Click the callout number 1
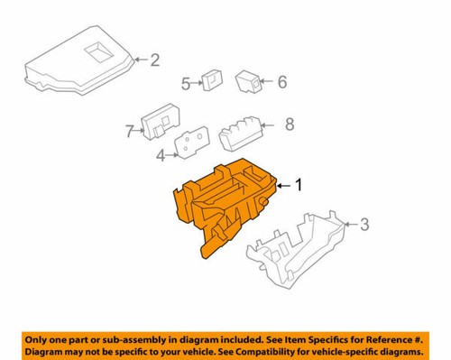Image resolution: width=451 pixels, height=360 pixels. (x=301, y=185)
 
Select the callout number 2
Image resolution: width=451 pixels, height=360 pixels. (x=153, y=60)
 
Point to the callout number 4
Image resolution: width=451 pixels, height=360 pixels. (x=161, y=154)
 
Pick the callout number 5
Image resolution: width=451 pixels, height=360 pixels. (x=186, y=84)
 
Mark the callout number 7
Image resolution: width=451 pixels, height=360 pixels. (x=129, y=132)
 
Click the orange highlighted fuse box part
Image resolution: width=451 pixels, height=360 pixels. (x=225, y=203)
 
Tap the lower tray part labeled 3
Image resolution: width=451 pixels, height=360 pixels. (x=298, y=248)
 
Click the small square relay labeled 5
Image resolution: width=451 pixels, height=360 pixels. (x=212, y=79)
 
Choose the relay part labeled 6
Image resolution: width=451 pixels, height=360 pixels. (x=249, y=82)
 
